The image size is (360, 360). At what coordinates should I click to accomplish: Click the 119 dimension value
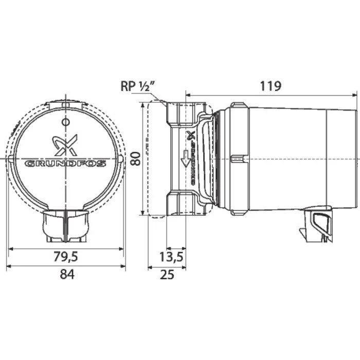coord(270,85)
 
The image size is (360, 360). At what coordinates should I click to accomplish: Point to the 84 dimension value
coord(67,275)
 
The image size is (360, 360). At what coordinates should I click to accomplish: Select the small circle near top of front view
coord(65,122)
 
